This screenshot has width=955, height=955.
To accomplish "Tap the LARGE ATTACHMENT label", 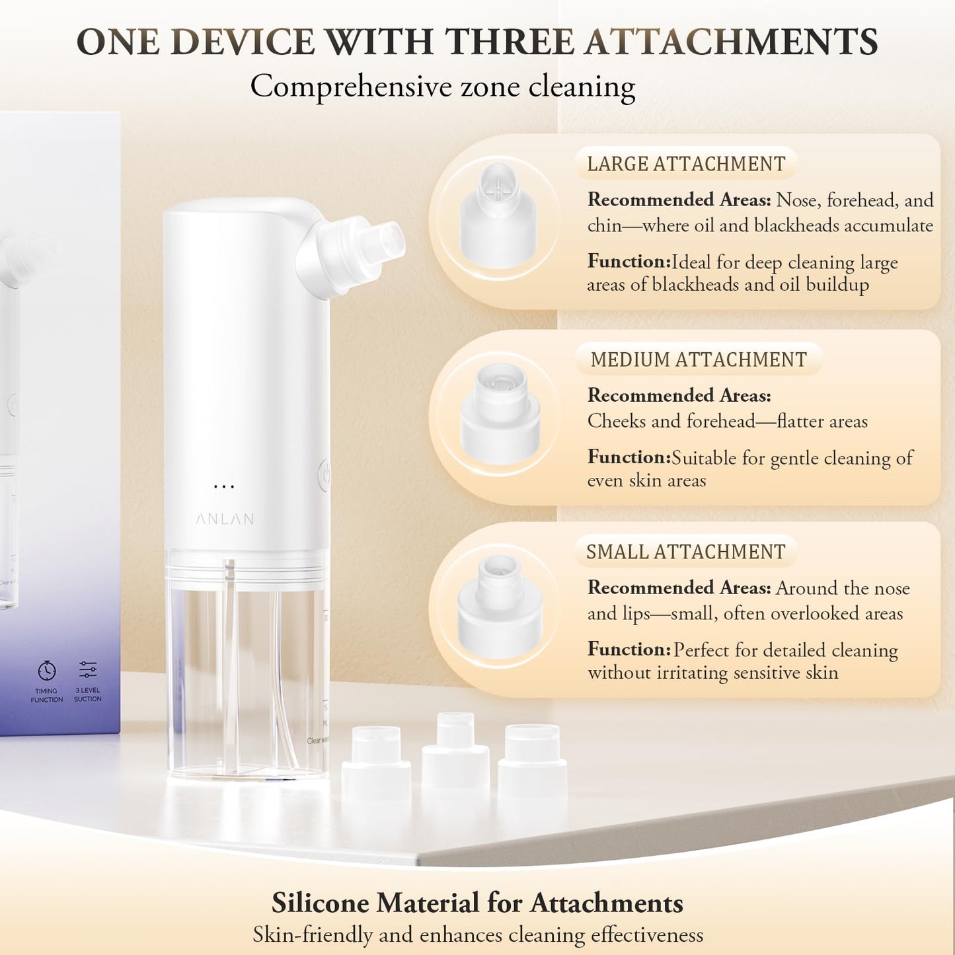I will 686,164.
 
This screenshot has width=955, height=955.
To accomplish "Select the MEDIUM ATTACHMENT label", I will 699,360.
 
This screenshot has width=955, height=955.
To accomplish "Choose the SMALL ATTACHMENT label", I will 685,552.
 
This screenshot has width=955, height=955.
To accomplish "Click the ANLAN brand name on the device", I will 225,519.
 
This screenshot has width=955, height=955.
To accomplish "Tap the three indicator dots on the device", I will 224,487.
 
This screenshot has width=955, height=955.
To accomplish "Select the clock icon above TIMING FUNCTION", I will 46,670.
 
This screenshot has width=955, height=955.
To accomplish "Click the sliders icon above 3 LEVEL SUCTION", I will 88,669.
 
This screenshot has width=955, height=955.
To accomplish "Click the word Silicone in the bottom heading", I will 319,903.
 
